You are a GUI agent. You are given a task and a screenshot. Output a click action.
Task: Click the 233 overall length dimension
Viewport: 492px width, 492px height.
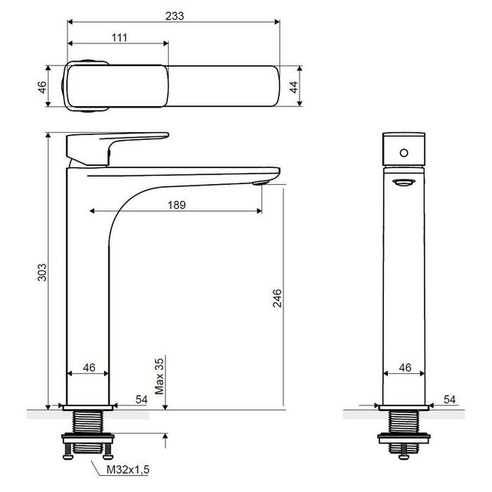(174, 16)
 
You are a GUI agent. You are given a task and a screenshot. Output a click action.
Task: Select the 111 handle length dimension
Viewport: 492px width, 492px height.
(119, 38)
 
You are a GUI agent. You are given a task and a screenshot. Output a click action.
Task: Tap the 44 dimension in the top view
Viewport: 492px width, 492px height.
(294, 87)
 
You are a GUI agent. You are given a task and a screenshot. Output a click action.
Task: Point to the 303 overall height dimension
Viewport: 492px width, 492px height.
(42, 272)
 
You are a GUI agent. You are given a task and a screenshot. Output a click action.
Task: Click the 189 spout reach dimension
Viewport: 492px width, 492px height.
(177, 205)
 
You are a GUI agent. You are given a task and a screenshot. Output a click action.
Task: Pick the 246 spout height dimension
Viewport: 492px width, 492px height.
(277, 298)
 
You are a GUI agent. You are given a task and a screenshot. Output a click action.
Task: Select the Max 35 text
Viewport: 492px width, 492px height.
(159, 376)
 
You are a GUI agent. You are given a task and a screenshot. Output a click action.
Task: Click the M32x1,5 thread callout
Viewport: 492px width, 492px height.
(128, 470)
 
